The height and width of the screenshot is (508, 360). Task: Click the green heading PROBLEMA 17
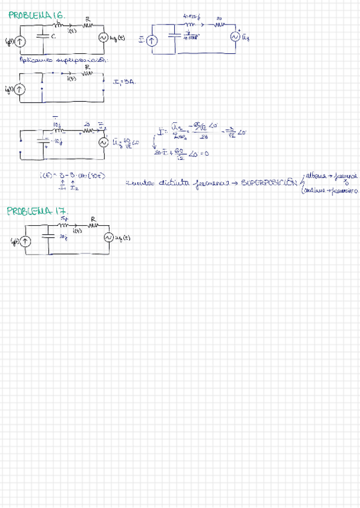pyautogui.click(x=37, y=210)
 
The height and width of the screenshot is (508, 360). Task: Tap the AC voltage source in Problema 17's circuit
pyautogui.click(x=109, y=238)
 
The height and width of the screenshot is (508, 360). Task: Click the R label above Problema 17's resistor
pyautogui.click(x=93, y=219)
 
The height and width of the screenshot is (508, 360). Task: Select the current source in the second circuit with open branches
pyautogui.click(x=20, y=89)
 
